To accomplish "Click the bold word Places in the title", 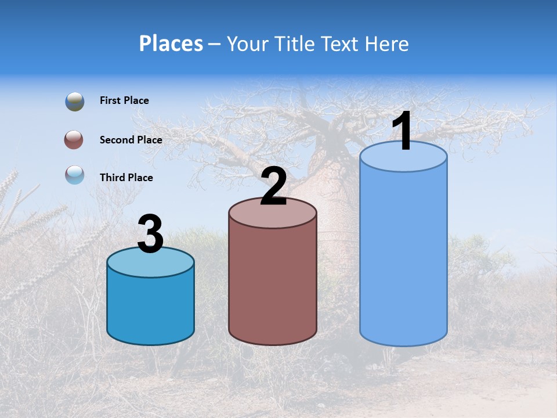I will click(x=171, y=44).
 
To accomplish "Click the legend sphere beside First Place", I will click(x=75, y=101).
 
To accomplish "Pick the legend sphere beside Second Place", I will click(x=74, y=140).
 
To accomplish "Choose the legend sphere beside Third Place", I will click(x=75, y=175).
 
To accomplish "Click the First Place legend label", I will click(x=124, y=100).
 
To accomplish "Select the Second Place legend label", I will click(x=131, y=140).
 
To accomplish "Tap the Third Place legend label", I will click(x=126, y=178).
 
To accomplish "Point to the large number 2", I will click(x=273, y=186).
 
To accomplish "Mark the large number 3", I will click(x=150, y=235).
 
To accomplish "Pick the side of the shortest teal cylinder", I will click(x=150, y=308).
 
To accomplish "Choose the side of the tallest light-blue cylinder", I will click(x=403, y=255).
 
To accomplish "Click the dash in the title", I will click(x=215, y=45).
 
